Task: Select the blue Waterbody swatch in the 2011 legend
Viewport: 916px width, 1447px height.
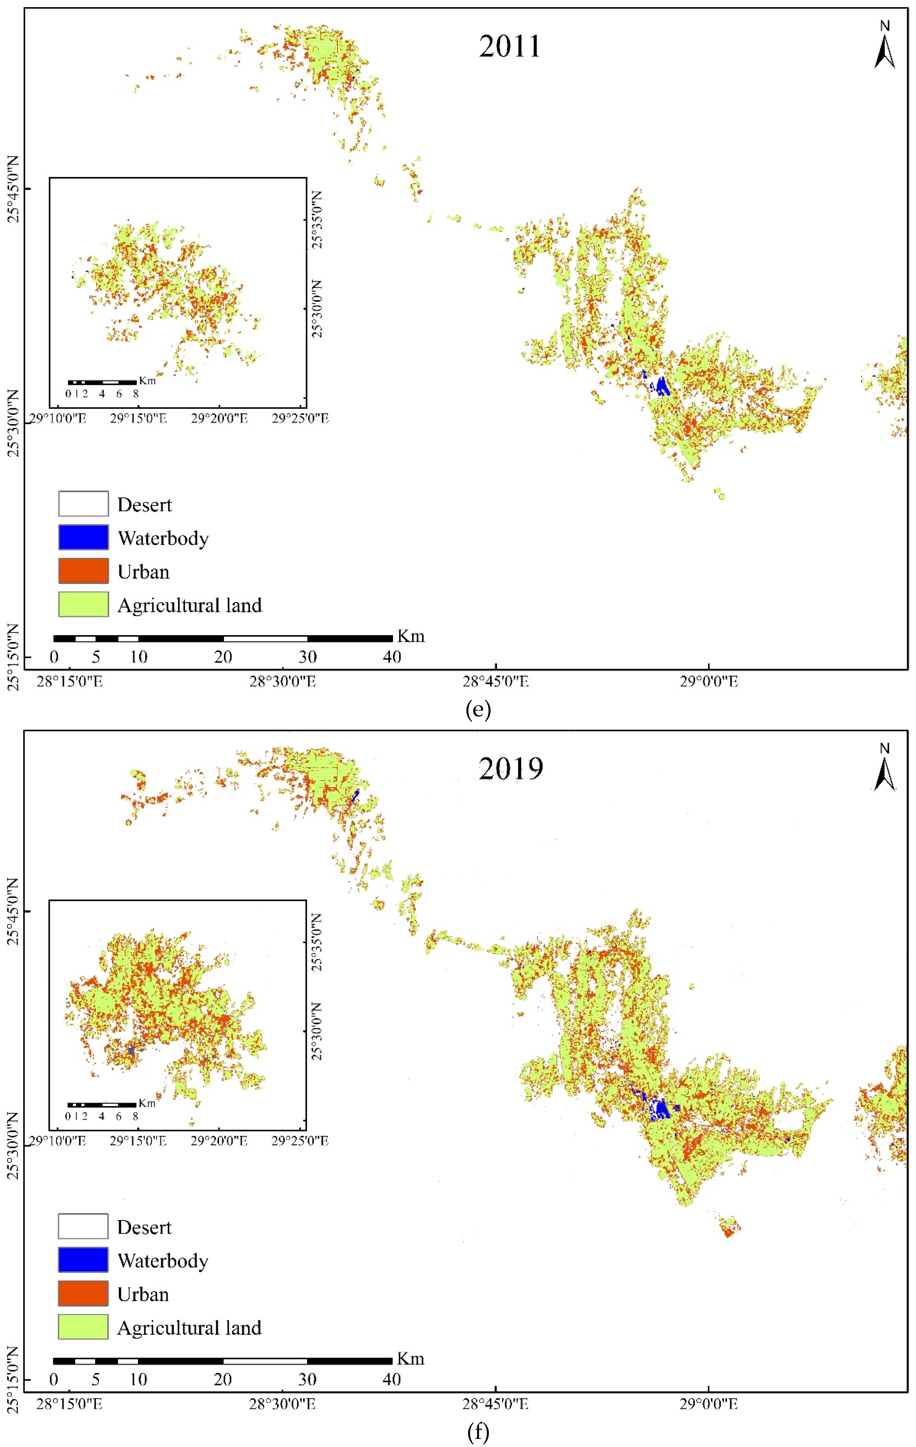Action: point(84,537)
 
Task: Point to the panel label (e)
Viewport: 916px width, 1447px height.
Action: point(478,710)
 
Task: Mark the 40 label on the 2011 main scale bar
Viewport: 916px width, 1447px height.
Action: point(392,657)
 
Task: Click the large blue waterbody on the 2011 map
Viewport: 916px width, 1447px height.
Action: point(662,386)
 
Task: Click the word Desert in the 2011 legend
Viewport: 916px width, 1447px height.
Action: point(144,505)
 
